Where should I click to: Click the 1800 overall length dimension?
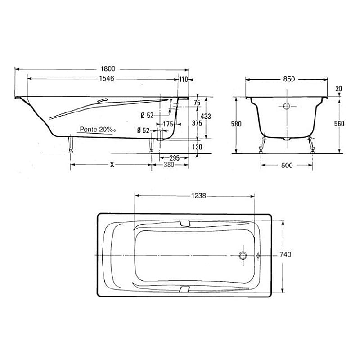tap(108, 69)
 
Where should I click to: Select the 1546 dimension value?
tap(107, 78)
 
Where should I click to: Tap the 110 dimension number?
tap(184, 80)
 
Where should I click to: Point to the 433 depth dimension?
tap(206, 117)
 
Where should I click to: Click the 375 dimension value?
tap(197, 123)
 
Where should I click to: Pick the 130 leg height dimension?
tap(197, 147)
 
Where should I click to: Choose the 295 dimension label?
tap(174, 158)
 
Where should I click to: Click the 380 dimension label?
tap(169, 165)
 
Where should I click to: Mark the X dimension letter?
tap(112, 165)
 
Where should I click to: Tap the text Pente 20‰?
tap(98, 130)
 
